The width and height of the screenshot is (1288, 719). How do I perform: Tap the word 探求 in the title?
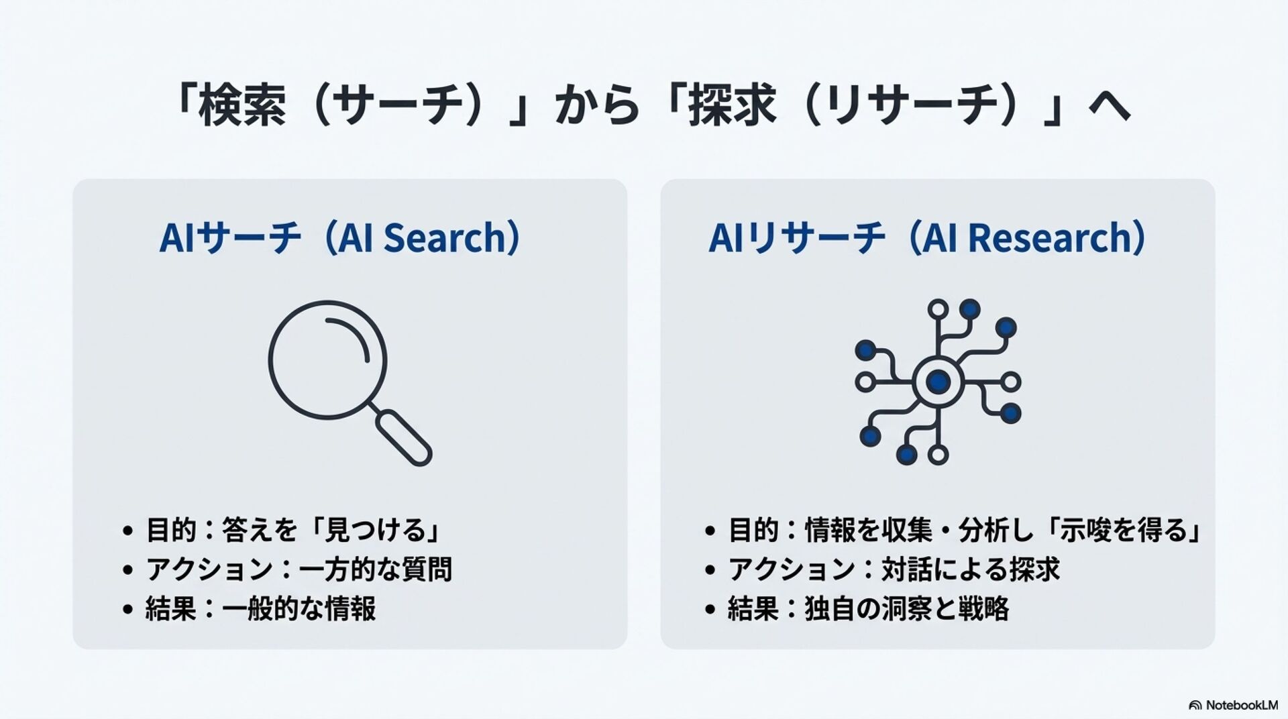733,106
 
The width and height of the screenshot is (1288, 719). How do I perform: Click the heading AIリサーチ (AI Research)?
928,238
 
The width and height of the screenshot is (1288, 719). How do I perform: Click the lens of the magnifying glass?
327,360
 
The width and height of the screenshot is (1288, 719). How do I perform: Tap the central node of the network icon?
937,382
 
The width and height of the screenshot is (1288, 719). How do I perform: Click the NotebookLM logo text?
1241,705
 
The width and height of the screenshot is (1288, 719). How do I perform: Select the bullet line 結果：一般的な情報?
260,609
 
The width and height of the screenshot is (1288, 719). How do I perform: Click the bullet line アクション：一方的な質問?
299,569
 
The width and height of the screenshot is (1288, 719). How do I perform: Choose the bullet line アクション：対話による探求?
894,569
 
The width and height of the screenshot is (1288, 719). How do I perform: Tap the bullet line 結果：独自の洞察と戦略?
868,609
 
